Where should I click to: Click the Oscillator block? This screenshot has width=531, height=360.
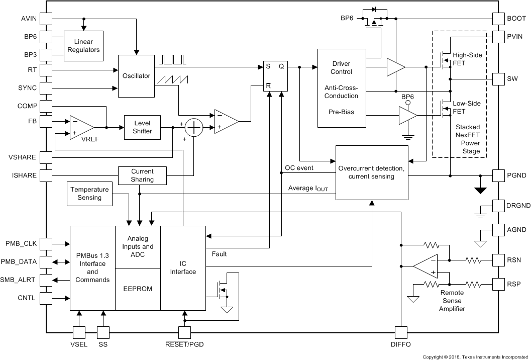coord(136,76)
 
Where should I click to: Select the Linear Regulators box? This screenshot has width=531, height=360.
coord(83,46)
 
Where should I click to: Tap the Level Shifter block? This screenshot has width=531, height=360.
coord(143,128)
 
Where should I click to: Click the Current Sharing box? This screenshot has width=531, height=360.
coord(142,175)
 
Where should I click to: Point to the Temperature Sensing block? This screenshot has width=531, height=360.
coord(89,194)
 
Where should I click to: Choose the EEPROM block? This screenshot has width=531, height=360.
coord(138,289)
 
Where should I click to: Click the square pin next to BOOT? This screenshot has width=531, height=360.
coord(498,19)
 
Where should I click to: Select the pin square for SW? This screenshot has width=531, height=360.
coord(498,79)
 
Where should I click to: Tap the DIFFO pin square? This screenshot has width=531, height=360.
coord(401,332)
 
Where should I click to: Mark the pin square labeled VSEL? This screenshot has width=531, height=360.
coord(79,332)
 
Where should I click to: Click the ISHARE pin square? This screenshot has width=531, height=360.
coord(46,175)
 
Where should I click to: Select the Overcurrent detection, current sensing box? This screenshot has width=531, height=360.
coord(372,172)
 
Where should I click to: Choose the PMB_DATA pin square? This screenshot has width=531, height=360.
coord(46,262)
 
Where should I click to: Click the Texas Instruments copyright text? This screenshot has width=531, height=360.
coord(475,356)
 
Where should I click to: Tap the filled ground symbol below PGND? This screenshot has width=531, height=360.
coord(481,190)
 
